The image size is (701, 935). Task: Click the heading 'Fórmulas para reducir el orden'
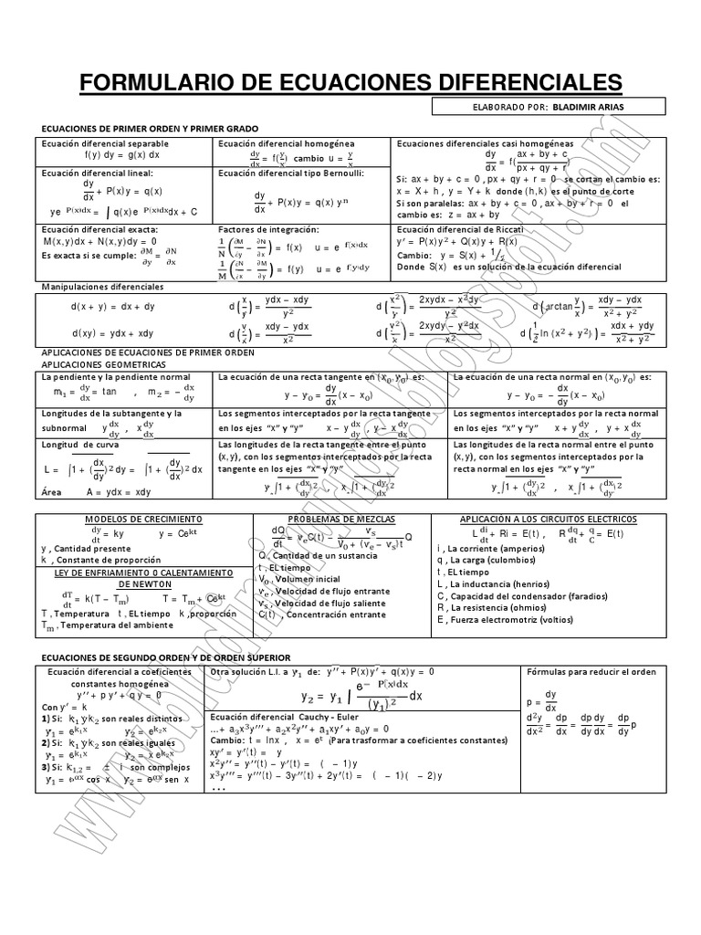(591, 671)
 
